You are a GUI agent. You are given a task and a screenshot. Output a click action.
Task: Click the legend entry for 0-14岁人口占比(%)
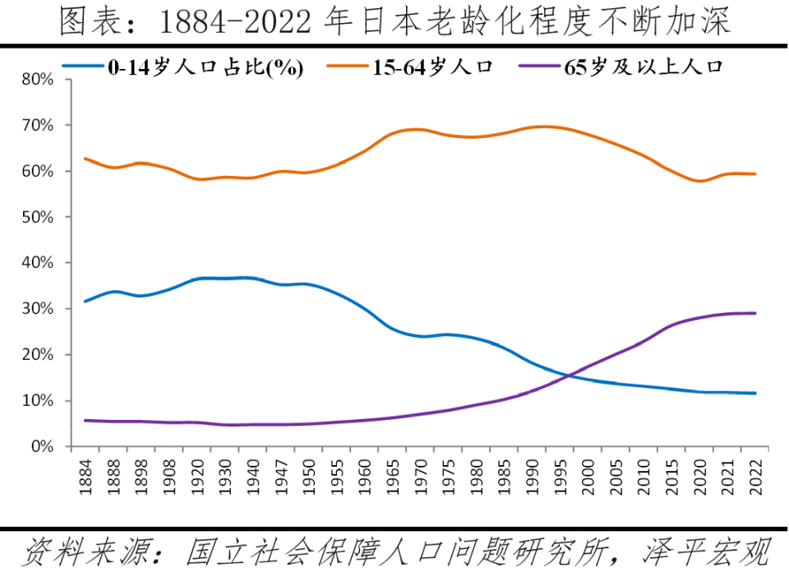click(x=205, y=67)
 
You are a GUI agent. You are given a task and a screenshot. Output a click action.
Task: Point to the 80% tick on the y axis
click(x=37, y=80)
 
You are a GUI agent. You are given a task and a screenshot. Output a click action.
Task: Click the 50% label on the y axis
click(x=37, y=217)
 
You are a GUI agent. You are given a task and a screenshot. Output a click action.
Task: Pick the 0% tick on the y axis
click(x=41, y=447)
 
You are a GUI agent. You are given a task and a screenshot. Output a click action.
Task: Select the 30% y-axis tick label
click(x=37, y=309)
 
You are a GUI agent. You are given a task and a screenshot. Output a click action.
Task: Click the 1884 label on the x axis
click(x=85, y=474)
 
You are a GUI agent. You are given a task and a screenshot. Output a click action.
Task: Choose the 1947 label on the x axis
click(x=281, y=474)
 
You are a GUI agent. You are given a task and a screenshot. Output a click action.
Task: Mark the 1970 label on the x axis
click(x=421, y=474)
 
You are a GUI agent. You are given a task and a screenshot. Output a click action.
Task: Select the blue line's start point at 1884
click(x=85, y=302)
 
